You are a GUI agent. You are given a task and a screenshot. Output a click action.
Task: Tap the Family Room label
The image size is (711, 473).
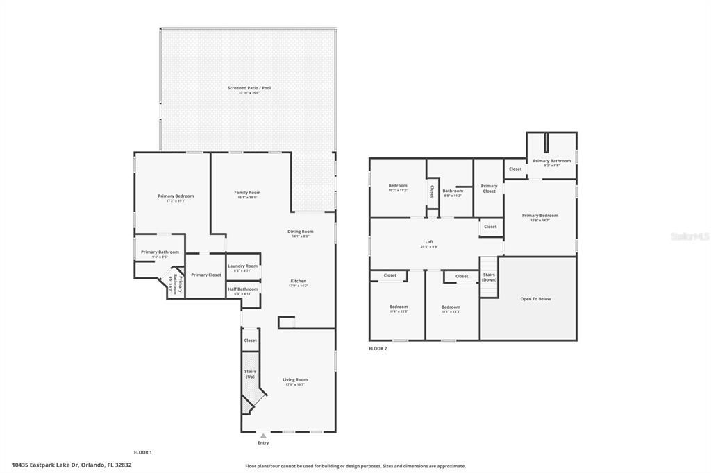[x=247, y=193]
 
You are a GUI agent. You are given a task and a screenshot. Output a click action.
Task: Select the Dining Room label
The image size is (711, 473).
[x=301, y=232]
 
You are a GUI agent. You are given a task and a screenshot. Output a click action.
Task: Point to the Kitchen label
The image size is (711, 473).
[x=298, y=282]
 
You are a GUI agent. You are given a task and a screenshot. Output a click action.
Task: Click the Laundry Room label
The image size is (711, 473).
[x=242, y=266]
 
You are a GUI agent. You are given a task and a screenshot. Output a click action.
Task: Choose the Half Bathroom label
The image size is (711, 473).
[x=242, y=289]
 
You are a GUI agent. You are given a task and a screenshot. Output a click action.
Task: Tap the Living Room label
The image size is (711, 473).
[x=295, y=380]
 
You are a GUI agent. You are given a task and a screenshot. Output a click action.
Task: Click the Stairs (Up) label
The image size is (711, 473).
[x=250, y=374]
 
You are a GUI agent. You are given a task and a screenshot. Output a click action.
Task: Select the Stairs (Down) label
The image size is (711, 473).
[x=490, y=277]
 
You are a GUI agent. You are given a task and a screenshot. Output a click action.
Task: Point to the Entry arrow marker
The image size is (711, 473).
[x=263, y=436]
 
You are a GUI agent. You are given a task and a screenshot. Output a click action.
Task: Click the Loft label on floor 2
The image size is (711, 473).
[x=429, y=242]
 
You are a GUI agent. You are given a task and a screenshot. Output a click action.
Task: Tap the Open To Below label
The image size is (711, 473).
[x=535, y=299]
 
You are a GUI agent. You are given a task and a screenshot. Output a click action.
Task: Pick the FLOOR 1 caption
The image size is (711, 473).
[x=142, y=452]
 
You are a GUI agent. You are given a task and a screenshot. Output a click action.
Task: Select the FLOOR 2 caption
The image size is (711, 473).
[x=378, y=348]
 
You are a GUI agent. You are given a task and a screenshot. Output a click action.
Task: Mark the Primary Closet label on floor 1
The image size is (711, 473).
[x=206, y=275]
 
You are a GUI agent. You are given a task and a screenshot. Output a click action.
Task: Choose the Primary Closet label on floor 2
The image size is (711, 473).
[x=489, y=188]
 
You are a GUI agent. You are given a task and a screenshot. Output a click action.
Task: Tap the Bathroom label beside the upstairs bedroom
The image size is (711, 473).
[x=453, y=191]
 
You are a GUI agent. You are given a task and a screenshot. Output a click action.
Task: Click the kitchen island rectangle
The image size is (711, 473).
[x=286, y=322]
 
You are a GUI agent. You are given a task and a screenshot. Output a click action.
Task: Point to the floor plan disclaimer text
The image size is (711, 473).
[x=355, y=466]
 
